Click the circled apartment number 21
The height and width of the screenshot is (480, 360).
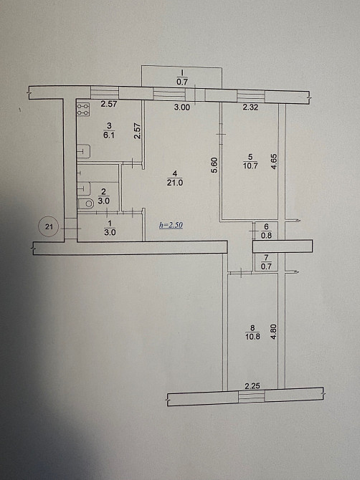coord(49,228)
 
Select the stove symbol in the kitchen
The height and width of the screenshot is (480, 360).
coord(83,110)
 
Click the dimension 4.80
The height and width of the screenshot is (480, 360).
coord(273,335)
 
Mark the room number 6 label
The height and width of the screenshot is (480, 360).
coord(266,225)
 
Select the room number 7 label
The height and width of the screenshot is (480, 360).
coord(266,258)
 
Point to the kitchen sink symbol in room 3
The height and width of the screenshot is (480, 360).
coord(83,151)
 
